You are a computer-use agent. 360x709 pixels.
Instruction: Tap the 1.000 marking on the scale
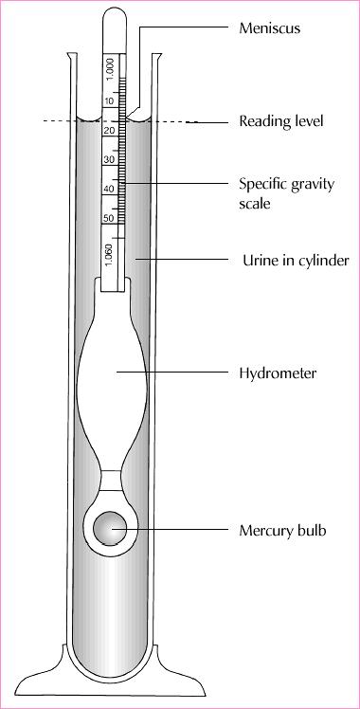(x=110, y=68)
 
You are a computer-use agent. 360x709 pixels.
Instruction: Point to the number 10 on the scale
(x=110, y=100)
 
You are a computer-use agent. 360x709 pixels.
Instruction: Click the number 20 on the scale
(x=110, y=130)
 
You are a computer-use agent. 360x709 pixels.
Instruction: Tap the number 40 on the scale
(x=110, y=189)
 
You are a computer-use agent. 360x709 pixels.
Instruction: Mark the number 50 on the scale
(x=110, y=219)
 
